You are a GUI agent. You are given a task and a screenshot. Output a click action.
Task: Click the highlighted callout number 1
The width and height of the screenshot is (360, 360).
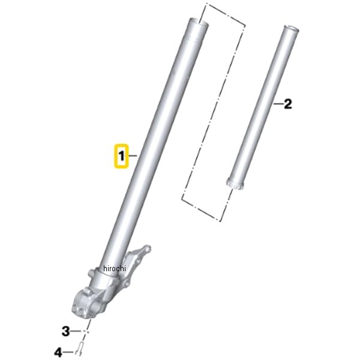[121, 156]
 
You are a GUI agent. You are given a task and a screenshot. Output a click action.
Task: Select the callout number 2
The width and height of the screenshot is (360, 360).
[287, 104]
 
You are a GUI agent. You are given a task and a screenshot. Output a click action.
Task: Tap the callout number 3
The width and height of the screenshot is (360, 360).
[66, 331]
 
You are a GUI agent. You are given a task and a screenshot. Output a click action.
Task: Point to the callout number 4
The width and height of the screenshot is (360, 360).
[58, 352]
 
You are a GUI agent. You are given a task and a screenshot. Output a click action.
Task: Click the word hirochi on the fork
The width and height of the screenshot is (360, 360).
[115, 268]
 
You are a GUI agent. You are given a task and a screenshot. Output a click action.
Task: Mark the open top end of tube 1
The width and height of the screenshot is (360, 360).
[199, 22]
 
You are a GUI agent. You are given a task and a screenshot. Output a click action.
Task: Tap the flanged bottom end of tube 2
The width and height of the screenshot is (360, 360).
[234, 184]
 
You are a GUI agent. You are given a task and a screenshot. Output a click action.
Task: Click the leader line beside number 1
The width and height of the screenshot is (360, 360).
[133, 156]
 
